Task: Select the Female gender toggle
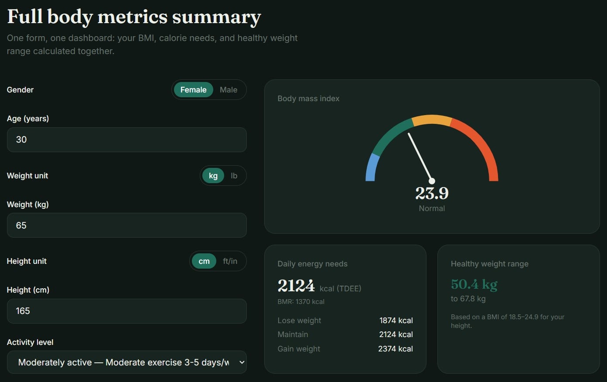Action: (x=193, y=90)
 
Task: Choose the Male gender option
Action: (x=228, y=90)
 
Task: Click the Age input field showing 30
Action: (x=126, y=140)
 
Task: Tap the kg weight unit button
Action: (x=213, y=176)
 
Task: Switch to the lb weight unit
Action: (x=234, y=176)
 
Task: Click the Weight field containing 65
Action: (x=126, y=225)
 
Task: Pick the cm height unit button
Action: (x=204, y=261)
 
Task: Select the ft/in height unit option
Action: (x=230, y=261)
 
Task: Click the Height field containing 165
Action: (x=126, y=311)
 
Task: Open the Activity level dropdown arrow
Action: (x=242, y=362)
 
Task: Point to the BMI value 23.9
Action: (x=432, y=193)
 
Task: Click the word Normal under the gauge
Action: (x=432, y=208)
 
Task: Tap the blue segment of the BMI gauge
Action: (x=372, y=167)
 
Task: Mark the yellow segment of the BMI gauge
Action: (x=432, y=119)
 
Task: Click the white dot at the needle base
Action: (x=432, y=181)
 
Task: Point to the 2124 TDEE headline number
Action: (x=296, y=286)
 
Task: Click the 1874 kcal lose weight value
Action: (x=396, y=321)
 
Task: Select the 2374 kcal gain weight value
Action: (x=396, y=349)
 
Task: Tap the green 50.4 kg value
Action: (x=474, y=284)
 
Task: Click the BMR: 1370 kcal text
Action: (x=301, y=301)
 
